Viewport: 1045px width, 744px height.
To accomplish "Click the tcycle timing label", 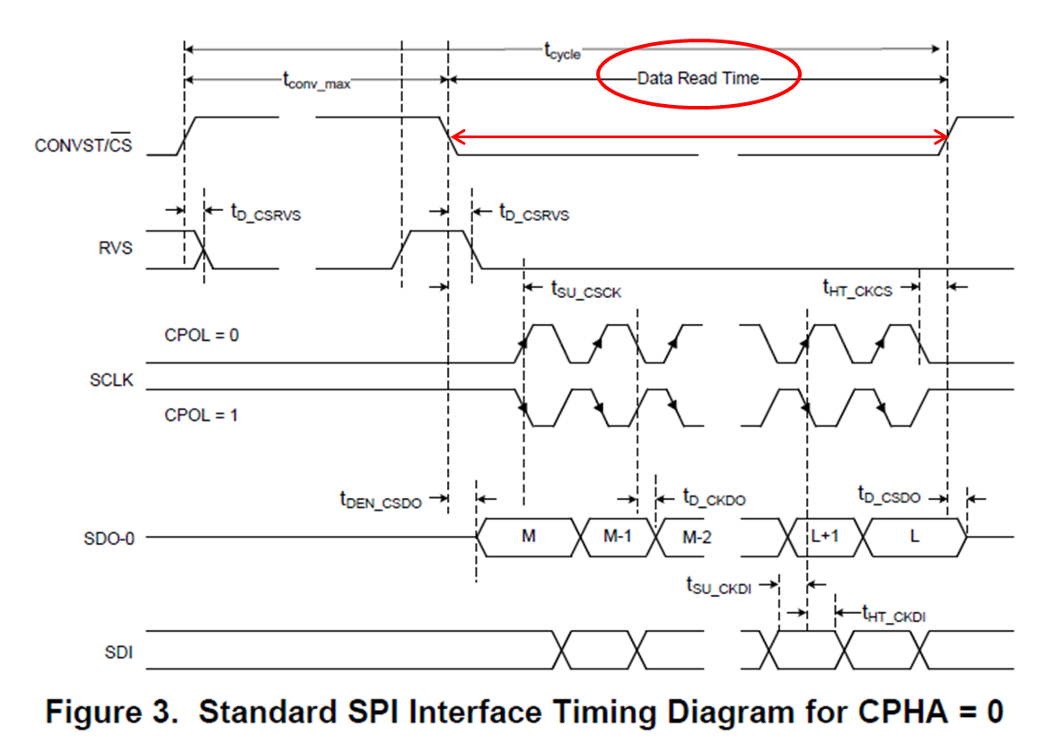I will [563, 51].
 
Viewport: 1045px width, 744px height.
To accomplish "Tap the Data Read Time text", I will [698, 78].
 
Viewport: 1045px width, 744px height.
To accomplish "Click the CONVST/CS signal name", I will [83, 144].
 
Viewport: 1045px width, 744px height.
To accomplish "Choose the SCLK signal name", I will [111, 380].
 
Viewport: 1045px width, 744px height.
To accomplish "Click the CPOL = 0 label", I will [201, 335].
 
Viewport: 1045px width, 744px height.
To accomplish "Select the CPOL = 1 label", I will [201, 416].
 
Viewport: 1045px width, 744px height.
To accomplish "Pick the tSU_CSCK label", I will [585, 289].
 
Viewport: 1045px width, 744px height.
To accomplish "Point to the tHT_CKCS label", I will [857, 288].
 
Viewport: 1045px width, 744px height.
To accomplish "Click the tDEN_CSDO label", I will [380, 500].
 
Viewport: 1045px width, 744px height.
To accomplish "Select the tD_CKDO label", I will [714, 496].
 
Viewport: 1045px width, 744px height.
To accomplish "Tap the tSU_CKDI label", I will [718, 586].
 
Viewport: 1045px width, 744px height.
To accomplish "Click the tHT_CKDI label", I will [893, 615].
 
